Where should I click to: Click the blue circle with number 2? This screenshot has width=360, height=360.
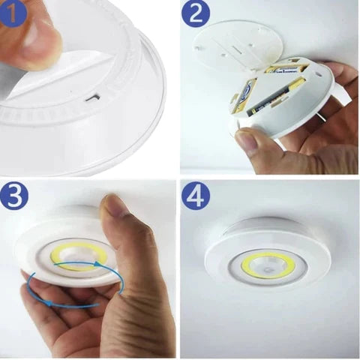(x=196, y=13)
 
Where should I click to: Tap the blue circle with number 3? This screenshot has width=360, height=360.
(x=14, y=196)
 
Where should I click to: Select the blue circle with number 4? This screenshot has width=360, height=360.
(x=196, y=196)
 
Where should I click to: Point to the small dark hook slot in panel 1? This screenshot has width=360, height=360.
(x=93, y=97)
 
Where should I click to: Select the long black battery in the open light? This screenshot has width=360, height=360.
(x=275, y=99)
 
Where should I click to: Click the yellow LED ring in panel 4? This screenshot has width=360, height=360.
(x=268, y=265)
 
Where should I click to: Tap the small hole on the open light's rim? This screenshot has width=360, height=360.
(x=318, y=74)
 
